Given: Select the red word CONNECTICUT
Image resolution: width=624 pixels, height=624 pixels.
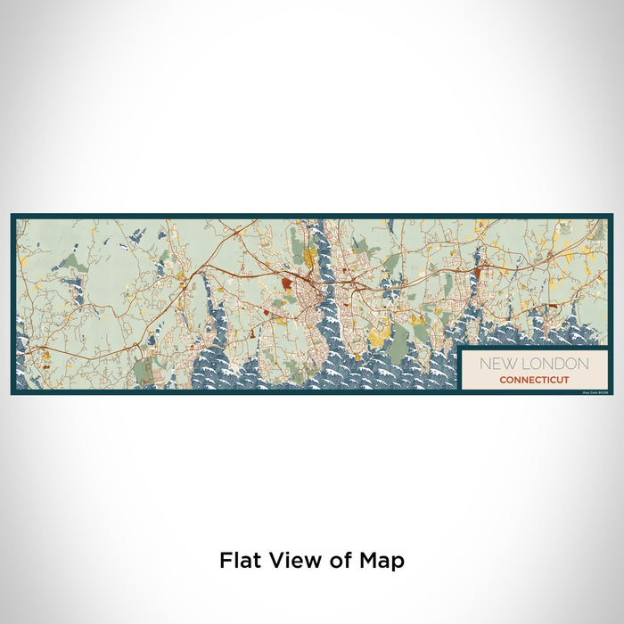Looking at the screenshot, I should [536, 380].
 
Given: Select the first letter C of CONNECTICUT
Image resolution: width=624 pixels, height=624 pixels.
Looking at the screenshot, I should [503, 380].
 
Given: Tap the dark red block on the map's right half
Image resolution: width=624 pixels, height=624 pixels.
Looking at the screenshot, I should [477, 273].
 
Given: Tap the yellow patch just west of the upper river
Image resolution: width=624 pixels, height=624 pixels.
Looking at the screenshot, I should [309, 259].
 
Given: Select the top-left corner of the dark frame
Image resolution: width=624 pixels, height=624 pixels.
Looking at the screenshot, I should [12, 215].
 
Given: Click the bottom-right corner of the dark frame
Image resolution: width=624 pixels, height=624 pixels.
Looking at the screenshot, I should [612, 393].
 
